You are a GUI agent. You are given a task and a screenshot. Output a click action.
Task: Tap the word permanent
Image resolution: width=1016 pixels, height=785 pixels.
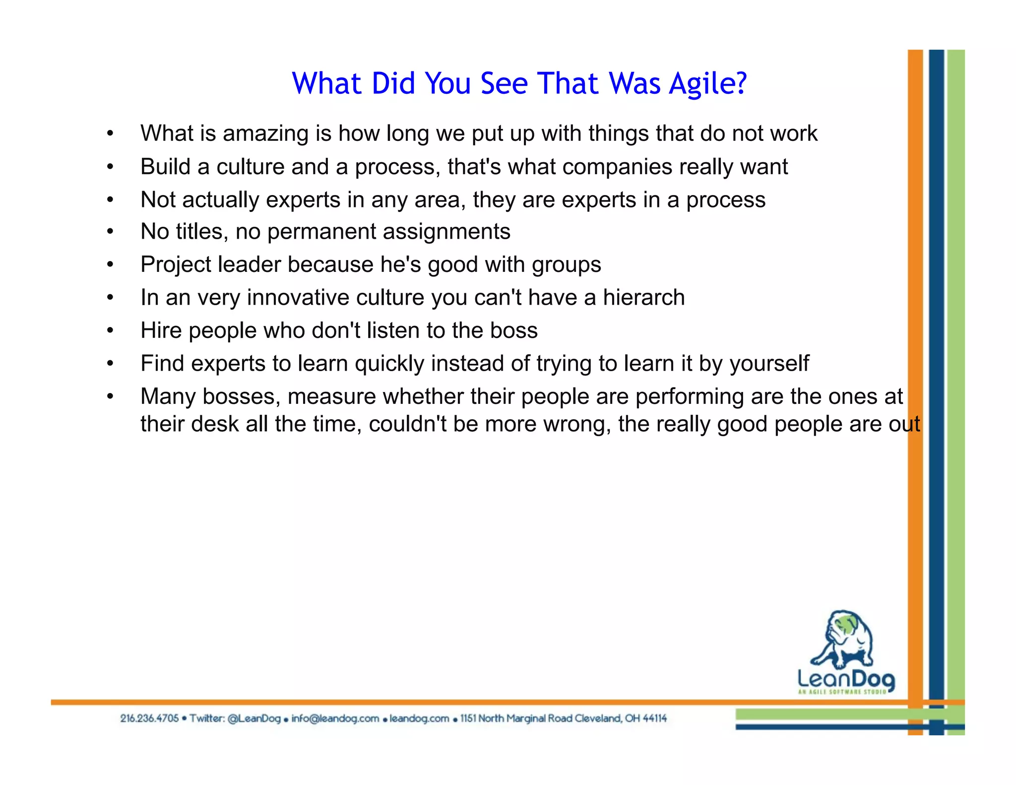pyautogui.click(x=321, y=232)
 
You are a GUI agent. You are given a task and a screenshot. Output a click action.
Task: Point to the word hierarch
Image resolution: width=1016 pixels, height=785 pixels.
pyautogui.click(x=643, y=298)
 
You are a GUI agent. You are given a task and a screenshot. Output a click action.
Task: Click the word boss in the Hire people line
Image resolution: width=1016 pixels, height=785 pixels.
pyautogui.click(x=514, y=330)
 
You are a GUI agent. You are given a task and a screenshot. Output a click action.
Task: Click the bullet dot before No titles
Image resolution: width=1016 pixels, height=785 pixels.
pyautogui.click(x=110, y=232)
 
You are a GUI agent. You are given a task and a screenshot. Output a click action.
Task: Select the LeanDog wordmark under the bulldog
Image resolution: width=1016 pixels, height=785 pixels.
pyautogui.click(x=845, y=679)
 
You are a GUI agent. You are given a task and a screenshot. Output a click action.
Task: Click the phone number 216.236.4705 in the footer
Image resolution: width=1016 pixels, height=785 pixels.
pyautogui.click(x=149, y=718)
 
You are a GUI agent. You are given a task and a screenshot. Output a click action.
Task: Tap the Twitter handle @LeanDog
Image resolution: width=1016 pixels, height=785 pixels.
pyautogui.click(x=254, y=718)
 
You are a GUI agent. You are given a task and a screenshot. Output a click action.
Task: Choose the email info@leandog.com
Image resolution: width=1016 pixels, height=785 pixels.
pyautogui.click(x=335, y=718)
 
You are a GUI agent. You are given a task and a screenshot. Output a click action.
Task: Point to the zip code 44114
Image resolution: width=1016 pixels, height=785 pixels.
pyautogui.click(x=654, y=718)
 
